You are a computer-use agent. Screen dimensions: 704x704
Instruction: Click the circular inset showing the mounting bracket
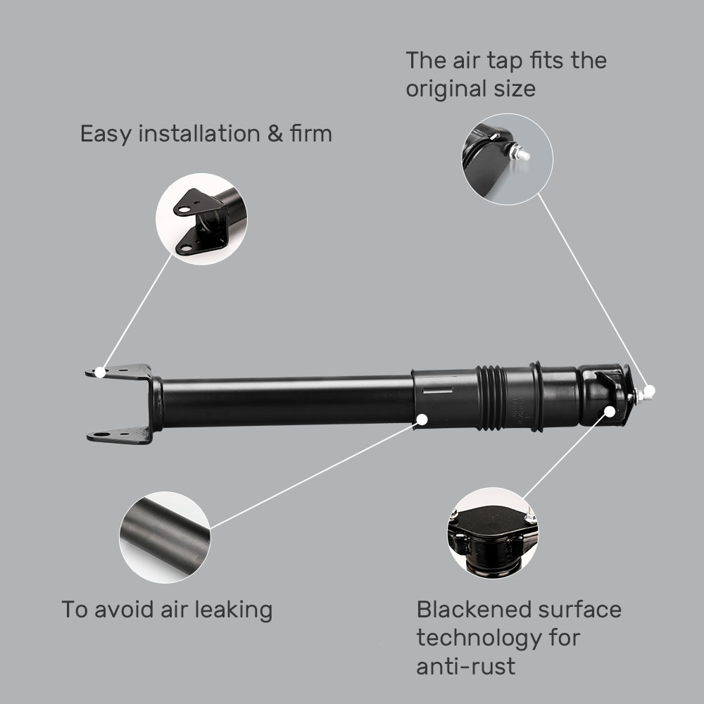click(201, 219)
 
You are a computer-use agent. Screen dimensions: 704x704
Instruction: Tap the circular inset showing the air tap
click(507, 159)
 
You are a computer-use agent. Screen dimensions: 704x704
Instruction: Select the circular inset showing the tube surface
click(165, 537)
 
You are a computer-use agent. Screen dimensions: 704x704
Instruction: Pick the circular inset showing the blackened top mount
click(492, 533)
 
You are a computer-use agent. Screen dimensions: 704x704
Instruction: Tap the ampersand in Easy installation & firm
click(275, 133)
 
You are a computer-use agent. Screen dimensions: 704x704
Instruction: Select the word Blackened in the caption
click(473, 609)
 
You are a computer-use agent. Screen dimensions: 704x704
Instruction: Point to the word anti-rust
click(465, 666)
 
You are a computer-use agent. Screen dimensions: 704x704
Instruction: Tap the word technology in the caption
click(479, 638)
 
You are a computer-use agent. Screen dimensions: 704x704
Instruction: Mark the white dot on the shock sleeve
click(422, 420)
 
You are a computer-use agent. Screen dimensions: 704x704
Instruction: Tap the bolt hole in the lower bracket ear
click(103, 434)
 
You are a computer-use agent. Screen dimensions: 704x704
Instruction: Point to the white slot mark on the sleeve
click(436, 390)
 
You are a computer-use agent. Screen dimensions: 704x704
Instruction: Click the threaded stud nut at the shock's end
click(634, 397)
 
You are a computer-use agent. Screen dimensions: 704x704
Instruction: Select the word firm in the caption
click(310, 133)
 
